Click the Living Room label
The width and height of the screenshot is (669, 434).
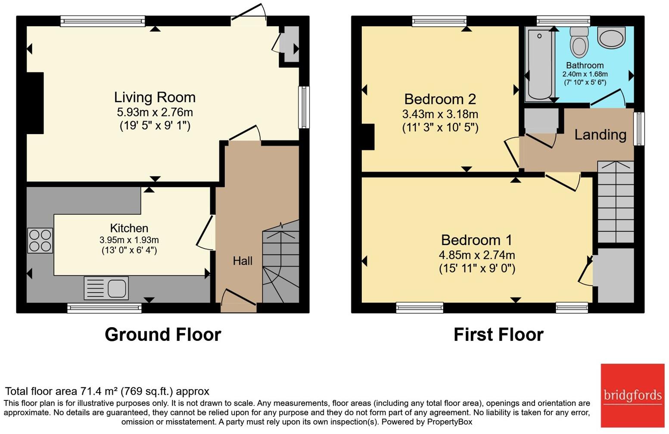[155, 97]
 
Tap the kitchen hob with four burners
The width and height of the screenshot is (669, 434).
[40, 240]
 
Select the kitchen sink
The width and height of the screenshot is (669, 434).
[107, 288]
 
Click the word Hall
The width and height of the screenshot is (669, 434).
[243, 261]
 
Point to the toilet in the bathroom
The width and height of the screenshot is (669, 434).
[578, 43]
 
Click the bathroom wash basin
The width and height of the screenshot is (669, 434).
[611, 38]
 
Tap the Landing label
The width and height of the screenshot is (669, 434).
[600, 135]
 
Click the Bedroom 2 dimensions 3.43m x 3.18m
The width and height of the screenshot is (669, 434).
[440, 115]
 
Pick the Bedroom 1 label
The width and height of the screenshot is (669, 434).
[476, 240]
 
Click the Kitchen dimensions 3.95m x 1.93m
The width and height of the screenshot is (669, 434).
[129, 240]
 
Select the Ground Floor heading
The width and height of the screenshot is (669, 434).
[163, 334]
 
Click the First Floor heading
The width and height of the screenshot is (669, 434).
[498, 334]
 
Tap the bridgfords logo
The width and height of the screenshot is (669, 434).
[632, 395]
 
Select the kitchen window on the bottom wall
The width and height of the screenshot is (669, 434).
[104, 308]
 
